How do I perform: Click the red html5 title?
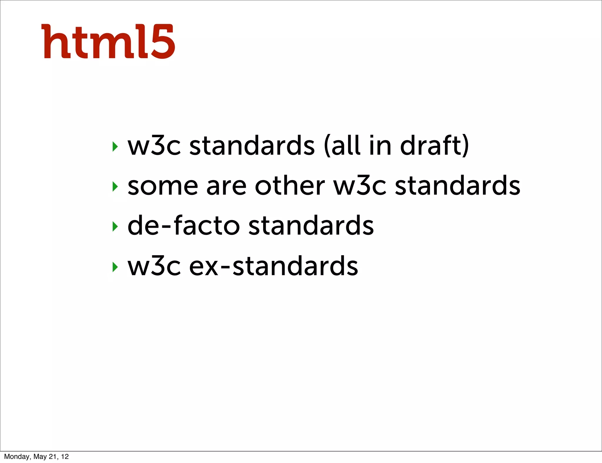tap(108, 42)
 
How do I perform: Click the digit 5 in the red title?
tap(163, 42)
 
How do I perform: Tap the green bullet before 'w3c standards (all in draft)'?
tap(115, 146)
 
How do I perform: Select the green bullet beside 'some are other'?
tap(115, 186)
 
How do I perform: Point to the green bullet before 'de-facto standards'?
tap(115, 226)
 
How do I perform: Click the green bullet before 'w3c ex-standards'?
tap(115, 267)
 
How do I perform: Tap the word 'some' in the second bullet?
tap(163, 186)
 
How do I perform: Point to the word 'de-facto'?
tap(184, 226)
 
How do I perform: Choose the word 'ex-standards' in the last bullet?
tap(273, 266)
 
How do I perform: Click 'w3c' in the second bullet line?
tap(359, 186)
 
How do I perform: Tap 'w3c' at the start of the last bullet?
tap(154, 266)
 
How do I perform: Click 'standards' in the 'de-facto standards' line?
tap(311, 226)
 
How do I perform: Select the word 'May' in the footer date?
tap(40, 457)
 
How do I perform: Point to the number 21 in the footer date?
tap(53, 457)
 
